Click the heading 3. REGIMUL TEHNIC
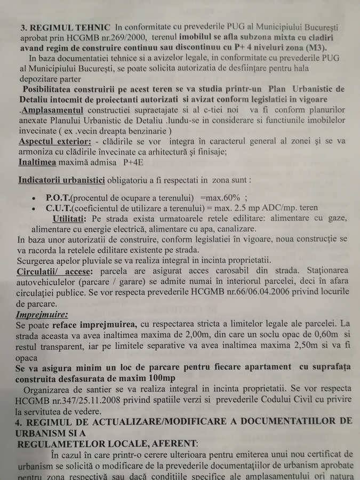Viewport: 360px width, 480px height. coord(66,27)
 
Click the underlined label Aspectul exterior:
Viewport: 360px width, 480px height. coord(54,141)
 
